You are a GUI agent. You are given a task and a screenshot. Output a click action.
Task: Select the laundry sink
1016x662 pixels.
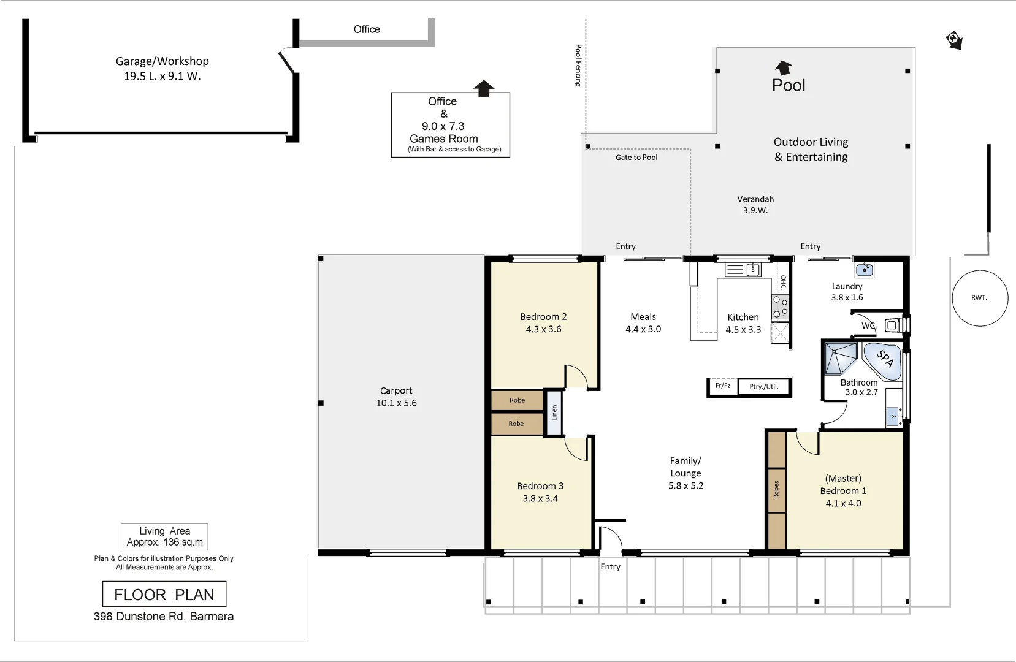pos(865,269)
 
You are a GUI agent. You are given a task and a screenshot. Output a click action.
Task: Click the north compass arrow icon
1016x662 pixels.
pos(954,40)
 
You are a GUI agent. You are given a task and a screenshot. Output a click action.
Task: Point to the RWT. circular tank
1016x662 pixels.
pos(980,298)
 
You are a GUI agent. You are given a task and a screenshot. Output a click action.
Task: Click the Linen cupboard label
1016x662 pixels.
pos(554,413)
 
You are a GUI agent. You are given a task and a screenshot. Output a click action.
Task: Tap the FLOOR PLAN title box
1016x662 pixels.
pos(164,594)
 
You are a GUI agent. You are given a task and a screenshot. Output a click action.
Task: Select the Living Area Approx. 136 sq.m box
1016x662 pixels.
pos(164,536)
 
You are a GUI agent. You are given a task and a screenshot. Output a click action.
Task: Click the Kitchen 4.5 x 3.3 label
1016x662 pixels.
pos(743,323)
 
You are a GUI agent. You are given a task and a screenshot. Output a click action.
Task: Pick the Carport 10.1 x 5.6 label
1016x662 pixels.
pos(396,397)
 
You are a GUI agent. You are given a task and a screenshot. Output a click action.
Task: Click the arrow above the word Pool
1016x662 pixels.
pos(784,67)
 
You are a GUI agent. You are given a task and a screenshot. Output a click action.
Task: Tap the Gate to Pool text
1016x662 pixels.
pos(636,158)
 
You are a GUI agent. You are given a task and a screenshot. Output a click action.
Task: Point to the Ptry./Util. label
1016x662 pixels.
pos(763,387)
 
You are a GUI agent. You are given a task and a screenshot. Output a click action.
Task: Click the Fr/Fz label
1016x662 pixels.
pos(723,386)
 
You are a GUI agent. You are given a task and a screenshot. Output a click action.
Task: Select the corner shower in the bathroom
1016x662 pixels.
pos(840,358)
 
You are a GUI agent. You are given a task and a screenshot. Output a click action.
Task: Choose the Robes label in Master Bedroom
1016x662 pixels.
pos(776,489)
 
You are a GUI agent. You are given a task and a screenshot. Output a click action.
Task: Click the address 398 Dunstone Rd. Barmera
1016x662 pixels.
pos(164,617)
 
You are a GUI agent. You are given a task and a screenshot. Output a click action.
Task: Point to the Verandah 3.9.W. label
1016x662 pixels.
pos(755,205)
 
